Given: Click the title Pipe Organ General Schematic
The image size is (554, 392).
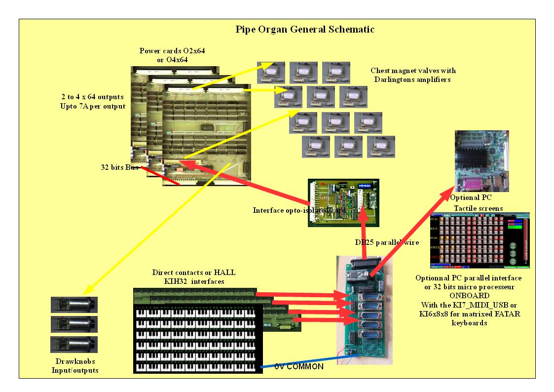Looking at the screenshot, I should point(305,30).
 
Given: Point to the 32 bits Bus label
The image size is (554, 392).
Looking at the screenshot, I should point(117,166).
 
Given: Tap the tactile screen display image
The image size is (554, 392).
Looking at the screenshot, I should point(479,241).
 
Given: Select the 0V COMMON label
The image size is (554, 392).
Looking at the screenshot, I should point(299,366).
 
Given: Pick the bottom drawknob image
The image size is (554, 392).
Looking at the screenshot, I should point(74,344).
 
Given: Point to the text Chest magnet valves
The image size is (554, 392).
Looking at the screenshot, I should point(413,70).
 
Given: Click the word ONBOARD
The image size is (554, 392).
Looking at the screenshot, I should point(468,295).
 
